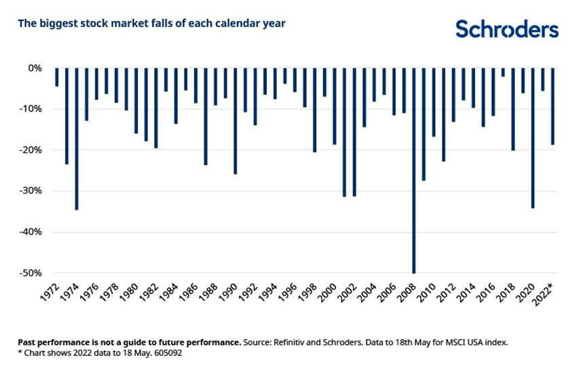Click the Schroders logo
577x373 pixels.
[x=506, y=29]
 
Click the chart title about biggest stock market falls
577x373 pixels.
[x=151, y=24]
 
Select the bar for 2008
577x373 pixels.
[x=414, y=170]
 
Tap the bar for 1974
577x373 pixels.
[x=77, y=139]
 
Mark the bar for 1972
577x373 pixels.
[x=57, y=77]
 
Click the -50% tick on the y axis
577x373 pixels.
[x=31, y=273]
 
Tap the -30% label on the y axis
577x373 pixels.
[x=31, y=191]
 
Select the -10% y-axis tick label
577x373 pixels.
[x=31, y=109]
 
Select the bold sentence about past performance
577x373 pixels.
[x=129, y=342]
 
